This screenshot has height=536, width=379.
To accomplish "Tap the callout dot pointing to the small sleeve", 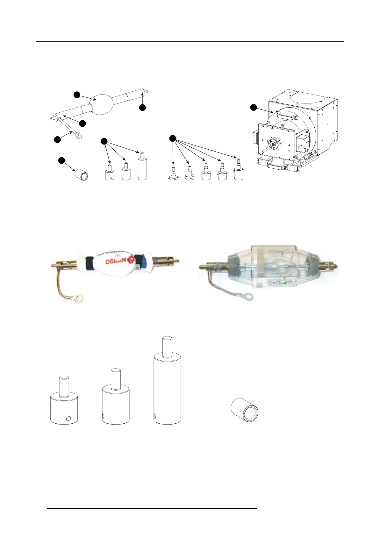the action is [61, 160].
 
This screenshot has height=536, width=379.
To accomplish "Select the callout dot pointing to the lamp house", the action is [254, 107].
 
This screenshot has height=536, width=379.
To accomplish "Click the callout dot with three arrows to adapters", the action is [104, 141].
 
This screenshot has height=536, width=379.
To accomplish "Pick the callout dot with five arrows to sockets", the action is [172, 138].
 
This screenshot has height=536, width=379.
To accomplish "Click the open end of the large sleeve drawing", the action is [250, 414].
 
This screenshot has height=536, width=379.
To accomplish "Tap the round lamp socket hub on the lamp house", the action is [273, 144].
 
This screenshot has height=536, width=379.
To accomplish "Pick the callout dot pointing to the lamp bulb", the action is [76, 95].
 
